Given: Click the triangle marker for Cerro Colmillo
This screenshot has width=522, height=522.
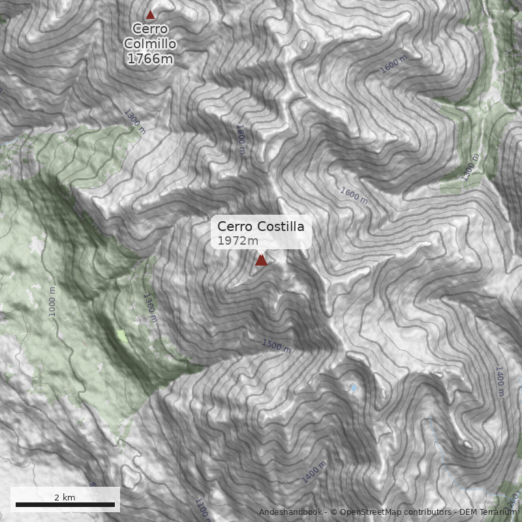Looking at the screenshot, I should (x=151, y=14).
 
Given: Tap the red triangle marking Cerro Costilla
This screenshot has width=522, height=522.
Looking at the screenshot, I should (x=261, y=260).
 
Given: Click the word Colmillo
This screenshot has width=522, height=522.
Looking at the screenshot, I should (x=150, y=44).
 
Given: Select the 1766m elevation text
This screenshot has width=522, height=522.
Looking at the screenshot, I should (x=150, y=59).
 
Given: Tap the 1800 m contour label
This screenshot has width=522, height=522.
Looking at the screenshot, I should (x=241, y=140).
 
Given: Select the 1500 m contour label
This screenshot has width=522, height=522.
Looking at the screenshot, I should (x=276, y=345).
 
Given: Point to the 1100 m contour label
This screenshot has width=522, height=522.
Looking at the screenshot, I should (x=203, y=509).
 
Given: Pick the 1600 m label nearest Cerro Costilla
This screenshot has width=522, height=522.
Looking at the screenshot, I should (x=354, y=195).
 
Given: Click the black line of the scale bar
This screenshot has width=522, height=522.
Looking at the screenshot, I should (x=65, y=504).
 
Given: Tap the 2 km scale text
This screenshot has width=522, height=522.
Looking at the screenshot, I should (x=65, y=497).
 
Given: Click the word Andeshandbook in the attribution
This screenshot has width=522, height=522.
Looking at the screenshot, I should (x=290, y=512).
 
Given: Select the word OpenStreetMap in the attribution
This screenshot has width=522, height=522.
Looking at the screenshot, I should (x=365, y=512).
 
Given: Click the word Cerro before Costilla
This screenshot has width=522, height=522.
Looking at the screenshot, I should (x=234, y=226).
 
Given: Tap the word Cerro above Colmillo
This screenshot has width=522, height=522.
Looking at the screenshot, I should (x=150, y=29).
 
